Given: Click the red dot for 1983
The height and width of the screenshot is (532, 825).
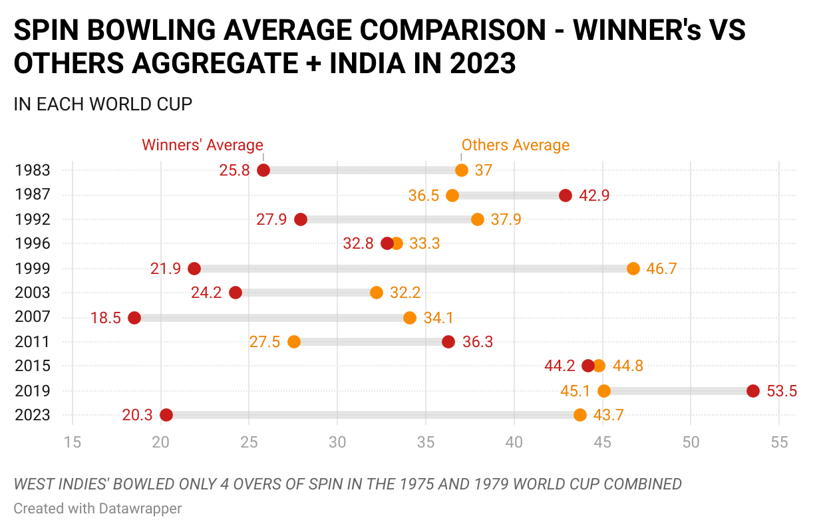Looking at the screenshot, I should tap(263, 170).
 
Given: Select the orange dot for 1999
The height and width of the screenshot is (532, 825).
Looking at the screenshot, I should tap(633, 269).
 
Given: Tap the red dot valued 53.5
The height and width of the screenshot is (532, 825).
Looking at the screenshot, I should tap(753, 391).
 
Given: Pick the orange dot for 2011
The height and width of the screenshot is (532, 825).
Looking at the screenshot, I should tap(294, 342).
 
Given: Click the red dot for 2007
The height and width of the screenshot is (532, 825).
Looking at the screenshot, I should tap(134, 318).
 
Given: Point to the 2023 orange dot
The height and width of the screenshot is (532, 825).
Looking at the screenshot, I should tap(580, 415).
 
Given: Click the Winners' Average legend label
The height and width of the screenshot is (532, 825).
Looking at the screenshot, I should tap(202, 145).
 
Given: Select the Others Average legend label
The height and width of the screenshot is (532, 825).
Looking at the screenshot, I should tap(516, 145).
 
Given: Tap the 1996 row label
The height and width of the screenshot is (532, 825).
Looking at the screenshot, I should tap(32, 243).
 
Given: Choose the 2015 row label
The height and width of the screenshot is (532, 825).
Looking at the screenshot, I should tap(32, 366).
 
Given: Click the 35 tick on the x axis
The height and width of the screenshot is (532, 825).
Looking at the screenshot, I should tap(426, 442).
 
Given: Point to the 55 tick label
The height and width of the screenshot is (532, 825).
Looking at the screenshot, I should tap(779, 442).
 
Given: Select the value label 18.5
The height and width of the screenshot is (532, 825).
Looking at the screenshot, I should tap(106, 318).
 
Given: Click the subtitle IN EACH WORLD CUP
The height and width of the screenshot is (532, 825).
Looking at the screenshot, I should tap(103, 104).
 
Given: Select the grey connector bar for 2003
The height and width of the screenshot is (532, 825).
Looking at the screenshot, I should tap(306, 293).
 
